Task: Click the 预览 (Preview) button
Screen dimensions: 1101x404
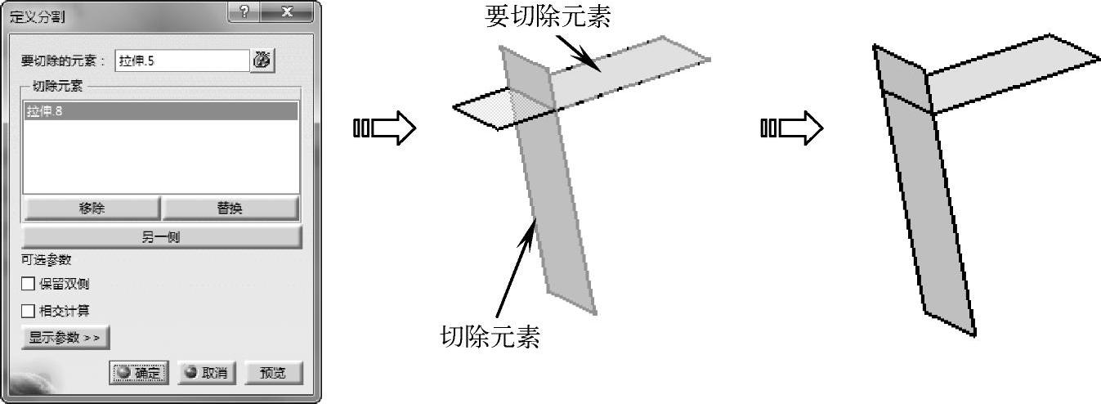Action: point(272,373)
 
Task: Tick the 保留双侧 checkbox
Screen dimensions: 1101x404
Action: point(29,285)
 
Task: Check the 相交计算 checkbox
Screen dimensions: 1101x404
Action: point(29,311)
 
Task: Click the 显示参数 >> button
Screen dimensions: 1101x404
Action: point(65,337)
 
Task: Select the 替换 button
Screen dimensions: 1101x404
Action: point(229,209)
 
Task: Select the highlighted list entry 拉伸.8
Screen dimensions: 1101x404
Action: point(160,112)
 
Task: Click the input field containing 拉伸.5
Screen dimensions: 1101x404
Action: point(181,61)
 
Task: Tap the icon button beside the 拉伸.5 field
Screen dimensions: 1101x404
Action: point(262,60)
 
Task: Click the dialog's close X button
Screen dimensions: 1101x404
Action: point(287,13)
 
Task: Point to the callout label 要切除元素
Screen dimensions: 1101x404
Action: point(548,16)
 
